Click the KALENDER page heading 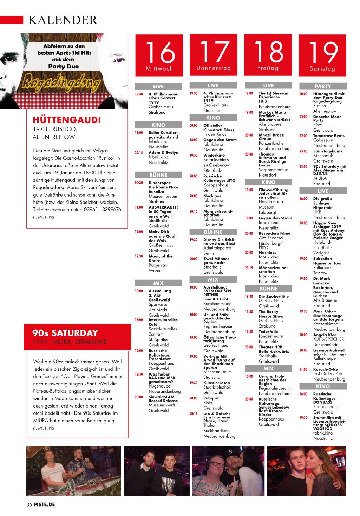pos(63,20)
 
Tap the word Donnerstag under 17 pos(214,68)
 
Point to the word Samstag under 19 pos(322,69)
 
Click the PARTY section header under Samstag pos(323,86)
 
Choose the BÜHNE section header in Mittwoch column pos(158,175)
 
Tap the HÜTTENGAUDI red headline pos(66,120)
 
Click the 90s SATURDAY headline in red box pos(65,333)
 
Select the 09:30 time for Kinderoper pos(139,183)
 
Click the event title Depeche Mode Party pos(327,118)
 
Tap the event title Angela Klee pos(325,335)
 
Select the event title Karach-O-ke pos(325,369)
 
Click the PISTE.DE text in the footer pos(44,504)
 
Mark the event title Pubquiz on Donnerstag pos(211,398)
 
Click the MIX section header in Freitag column pos(268,369)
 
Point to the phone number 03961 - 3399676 pos(103,210)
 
